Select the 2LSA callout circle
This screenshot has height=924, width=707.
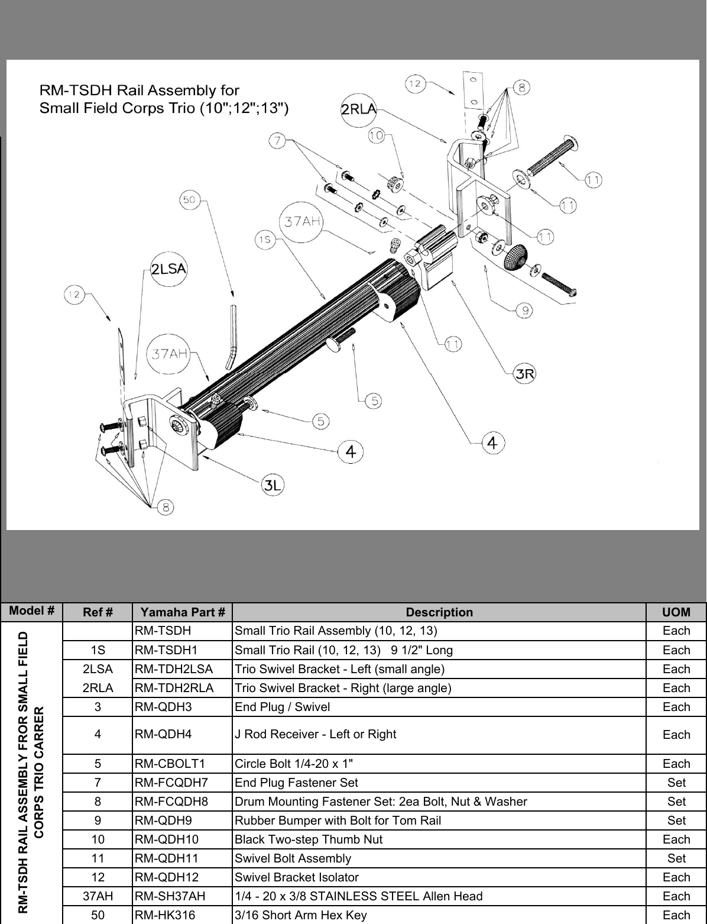click(x=168, y=269)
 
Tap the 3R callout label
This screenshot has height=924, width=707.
click(x=525, y=373)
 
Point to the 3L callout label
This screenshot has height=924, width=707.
click(x=273, y=486)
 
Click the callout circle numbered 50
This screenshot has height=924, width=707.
click(x=189, y=200)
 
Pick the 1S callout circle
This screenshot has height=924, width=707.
click(x=264, y=239)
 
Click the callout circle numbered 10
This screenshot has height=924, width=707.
click(x=377, y=135)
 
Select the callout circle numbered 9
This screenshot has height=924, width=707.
click(x=524, y=310)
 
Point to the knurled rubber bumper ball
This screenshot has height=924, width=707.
click(x=515, y=256)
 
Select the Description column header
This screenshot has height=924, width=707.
click(x=439, y=612)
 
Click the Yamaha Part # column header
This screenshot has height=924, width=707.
click(x=183, y=612)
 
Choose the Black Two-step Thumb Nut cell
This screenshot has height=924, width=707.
click(x=309, y=839)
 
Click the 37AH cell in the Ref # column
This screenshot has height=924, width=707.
click(x=98, y=896)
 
